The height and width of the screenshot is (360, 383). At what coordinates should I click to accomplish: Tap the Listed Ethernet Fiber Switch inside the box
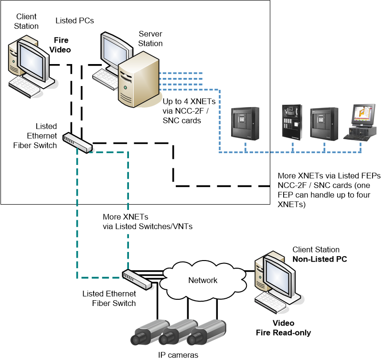coord(78,142)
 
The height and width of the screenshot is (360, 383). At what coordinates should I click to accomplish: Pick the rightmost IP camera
coord(205,333)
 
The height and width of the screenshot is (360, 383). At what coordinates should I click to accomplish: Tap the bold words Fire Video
coord(61,45)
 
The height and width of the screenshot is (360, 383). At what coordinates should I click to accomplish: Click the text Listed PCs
coord(74,21)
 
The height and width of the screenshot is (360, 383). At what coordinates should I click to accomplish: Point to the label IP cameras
coord(178,354)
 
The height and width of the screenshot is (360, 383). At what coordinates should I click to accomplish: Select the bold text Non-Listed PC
coord(319,259)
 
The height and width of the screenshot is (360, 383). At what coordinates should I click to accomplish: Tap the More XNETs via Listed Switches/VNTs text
coord(148,221)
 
